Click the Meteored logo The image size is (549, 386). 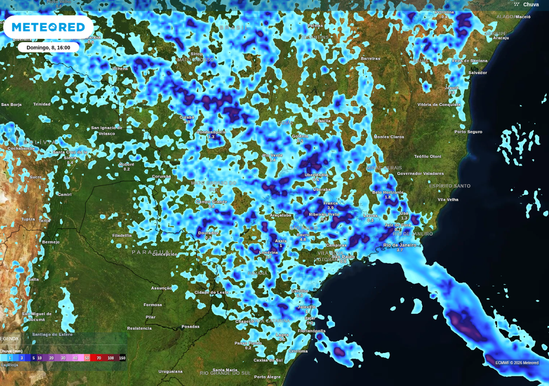(48, 27)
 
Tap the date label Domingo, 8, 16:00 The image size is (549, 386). (48, 48)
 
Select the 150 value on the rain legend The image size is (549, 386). (122, 358)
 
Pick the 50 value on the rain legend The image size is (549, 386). (87, 358)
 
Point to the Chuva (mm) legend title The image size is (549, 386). (11, 351)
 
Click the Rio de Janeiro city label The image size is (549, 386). (399, 245)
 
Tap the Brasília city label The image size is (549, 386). (322, 121)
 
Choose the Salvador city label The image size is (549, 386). (477, 73)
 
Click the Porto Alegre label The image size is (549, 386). (267, 377)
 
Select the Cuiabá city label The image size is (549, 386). (187, 117)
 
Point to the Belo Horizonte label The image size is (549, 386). (388, 192)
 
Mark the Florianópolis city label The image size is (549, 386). (312, 331)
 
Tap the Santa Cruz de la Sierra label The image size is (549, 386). (70, 155)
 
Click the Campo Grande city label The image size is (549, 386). (211, 202)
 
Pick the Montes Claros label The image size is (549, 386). (389, 137)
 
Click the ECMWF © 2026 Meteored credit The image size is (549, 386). (517, 363)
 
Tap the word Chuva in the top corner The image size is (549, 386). (531, 5)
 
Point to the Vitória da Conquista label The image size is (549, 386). (439, 105)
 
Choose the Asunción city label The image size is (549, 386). (161, 288)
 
